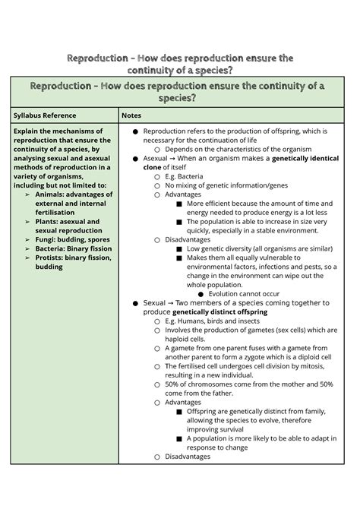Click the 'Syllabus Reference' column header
tap(49, 115)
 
